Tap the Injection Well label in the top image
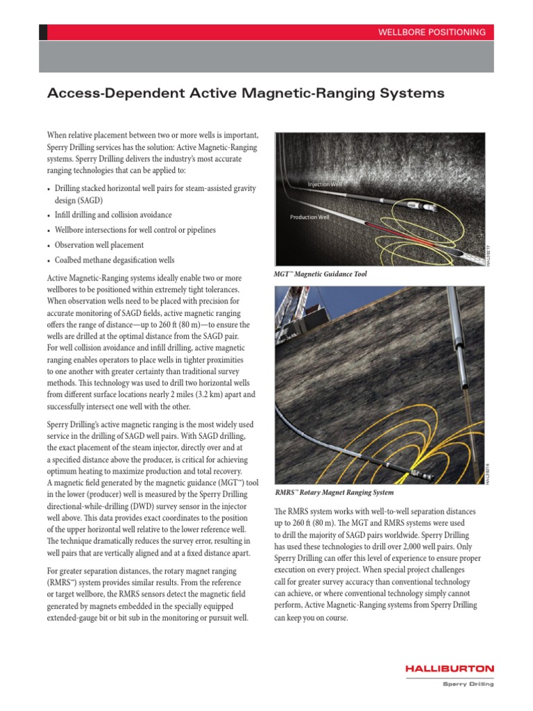click(325, 184)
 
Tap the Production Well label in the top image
click(310, 217)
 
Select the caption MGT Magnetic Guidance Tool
click(321, 274)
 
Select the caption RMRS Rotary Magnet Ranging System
click(335, 492)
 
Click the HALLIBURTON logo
click(450, 669)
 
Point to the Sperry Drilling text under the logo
click(468, 684)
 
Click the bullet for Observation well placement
click(99, 245)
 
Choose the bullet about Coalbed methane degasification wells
click(115, 260)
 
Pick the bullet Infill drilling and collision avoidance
click(113, 215)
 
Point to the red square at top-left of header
click(43, 32)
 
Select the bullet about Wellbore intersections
click(135, 230)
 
